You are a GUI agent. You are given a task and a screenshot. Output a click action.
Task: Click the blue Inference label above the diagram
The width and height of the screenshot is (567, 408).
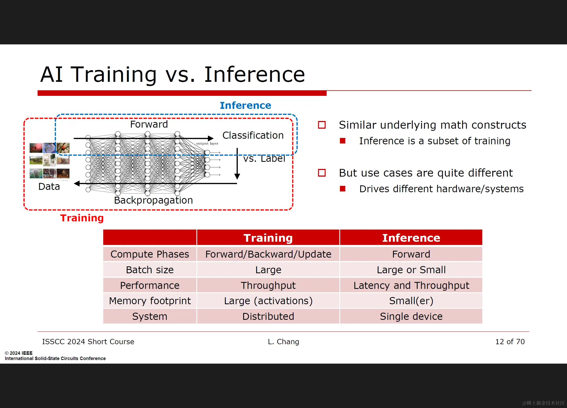(x=245, y=105)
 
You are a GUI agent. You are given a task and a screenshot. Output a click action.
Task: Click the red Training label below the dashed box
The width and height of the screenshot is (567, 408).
(x=82, y=218)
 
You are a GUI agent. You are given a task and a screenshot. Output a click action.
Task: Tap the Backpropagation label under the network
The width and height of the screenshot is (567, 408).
(x=153, y=200)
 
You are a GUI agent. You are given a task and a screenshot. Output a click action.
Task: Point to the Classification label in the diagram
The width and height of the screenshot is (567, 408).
(x=253, y=135)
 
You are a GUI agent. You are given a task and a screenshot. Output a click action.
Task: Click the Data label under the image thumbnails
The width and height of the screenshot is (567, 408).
(x=49, y=186)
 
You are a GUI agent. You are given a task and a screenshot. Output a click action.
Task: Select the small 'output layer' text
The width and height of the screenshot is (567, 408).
(x=207, y=144)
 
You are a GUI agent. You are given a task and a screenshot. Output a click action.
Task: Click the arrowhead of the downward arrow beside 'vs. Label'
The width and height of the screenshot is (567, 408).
(x=237, y=177)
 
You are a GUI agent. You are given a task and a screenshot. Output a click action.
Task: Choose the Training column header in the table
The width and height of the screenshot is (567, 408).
(x=268, y=238)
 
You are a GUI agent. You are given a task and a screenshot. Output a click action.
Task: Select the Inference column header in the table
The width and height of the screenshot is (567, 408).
(x=411, y=238)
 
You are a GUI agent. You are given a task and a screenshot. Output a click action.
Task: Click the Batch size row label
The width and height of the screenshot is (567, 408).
(x=150, y=270)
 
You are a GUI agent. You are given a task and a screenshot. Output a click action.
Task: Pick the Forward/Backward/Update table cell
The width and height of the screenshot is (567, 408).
(x=268, y=254)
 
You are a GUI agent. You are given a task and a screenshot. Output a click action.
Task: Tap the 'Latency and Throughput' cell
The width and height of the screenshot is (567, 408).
(x=411, y=285)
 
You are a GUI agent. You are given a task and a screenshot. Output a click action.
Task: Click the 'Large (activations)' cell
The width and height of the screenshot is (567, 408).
(x=268, y=301)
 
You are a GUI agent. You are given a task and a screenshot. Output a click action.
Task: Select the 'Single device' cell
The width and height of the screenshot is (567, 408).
(x=411, y=316)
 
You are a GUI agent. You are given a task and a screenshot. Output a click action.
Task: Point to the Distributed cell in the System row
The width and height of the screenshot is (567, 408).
(x=268, y=316)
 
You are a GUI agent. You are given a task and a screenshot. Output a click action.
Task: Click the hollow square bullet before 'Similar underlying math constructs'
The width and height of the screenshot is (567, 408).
(x=322, y=125)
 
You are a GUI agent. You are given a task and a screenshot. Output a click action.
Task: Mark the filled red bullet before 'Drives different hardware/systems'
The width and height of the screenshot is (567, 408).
(x=343, y=189)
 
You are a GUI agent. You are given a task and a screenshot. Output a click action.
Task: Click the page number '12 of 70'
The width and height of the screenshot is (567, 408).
(x=510, y=342)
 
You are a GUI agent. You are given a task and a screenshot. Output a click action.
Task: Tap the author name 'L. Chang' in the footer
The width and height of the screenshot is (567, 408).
(x=283, y=342)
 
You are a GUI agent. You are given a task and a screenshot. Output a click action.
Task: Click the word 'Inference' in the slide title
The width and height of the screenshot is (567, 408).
(x=254, y=74)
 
